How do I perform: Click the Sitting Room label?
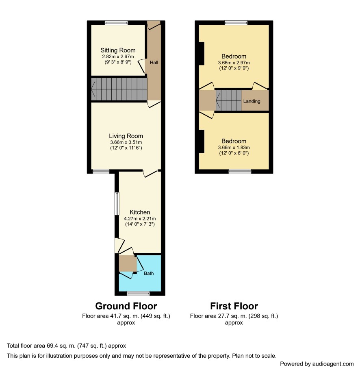pos(118,50)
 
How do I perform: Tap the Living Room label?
pos(126,136)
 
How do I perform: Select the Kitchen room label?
pos(140,212)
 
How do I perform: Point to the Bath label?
pos(149,273)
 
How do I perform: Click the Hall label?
pos(154,63)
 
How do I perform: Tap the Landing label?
pos(252,101)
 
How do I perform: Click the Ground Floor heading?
pos(126,306)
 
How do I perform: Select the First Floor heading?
pos(234,306)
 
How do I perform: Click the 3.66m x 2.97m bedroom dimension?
pos(234,63)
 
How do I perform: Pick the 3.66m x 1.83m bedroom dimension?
pos(234,148)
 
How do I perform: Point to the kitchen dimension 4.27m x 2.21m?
pos(140,219)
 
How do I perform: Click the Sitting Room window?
pos(117,23)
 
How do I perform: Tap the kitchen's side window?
pos(117,204)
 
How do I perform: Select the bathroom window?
pos(138,294)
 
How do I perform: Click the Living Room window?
pos(101,171)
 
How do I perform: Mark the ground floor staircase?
pos(119,89)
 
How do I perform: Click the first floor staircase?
pos(228,100)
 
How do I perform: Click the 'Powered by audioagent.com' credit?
pos(317,364)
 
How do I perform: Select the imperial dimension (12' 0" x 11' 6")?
pos(126,148)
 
